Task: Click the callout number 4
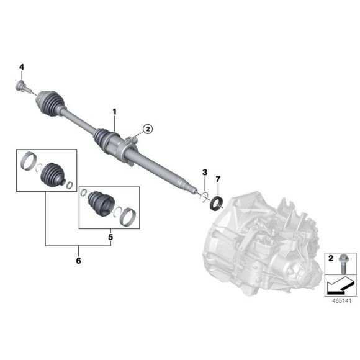[21, 66]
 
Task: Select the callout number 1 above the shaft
[114, 111]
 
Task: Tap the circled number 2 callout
[147, 128]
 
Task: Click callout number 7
[217, 179]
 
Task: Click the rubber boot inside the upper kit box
[53, 174]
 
